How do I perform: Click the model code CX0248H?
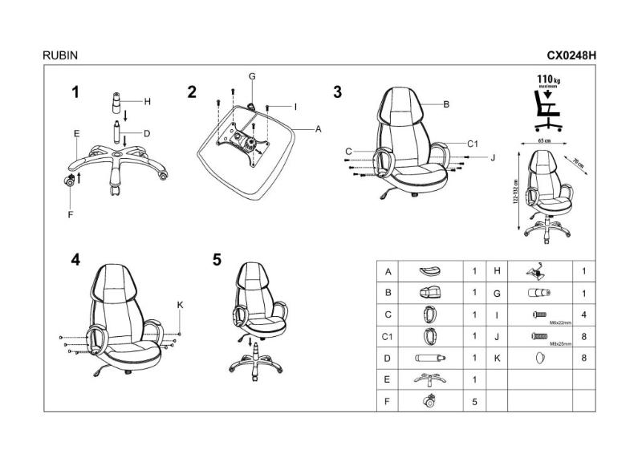coord(572,56)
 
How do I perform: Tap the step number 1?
coord(75,92)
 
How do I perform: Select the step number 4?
coord(75,259)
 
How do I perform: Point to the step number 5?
coord(217,259)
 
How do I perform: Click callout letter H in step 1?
coord(147,102)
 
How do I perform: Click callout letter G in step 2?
coord(251,76)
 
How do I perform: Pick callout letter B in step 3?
coord(445,104)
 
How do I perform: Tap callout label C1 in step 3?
coord(473,144)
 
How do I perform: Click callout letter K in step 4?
coord(180,304)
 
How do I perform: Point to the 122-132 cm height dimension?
coord(516,193)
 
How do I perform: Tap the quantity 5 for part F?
coord(475,401)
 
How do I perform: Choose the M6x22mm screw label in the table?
coord(561,322)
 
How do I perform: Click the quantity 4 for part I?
coord(583,315)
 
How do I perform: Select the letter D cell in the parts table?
coord(388,358)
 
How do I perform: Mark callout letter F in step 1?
coord(70,214)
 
